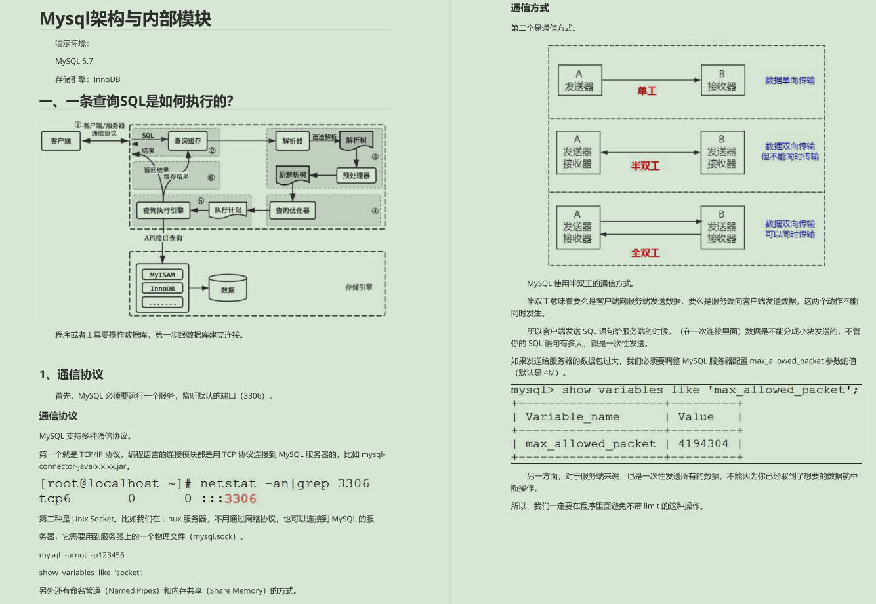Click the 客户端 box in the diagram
(60, 140)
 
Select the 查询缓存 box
(188, 140)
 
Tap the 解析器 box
(292, 140)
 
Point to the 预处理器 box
(356, 176)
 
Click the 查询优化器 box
(293, 211)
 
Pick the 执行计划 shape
(228, 211)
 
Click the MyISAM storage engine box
(163, 275)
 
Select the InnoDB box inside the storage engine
(163, 289)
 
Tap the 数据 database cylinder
(228, 289)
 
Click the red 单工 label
(647, 91)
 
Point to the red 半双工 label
(645, 166)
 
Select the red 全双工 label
(645, 252)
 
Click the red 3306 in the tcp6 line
(240, 499)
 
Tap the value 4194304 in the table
(703, 444)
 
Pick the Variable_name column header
(572, 417)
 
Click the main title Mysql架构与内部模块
(125, 19)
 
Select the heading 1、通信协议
(72, 374)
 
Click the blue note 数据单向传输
(790, 80)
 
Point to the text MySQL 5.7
(74, 61)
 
